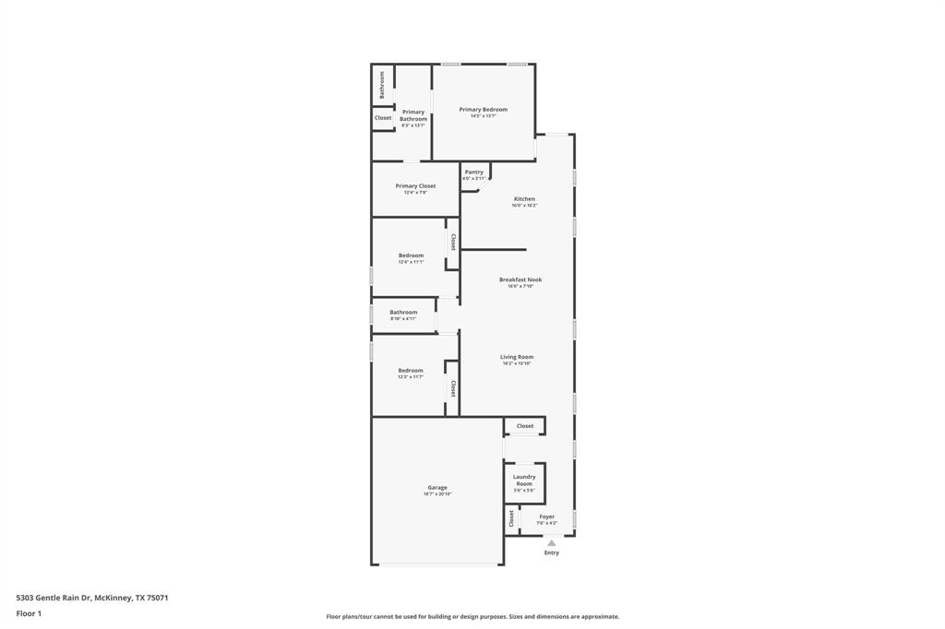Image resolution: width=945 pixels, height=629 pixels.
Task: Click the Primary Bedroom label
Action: (x=483, y=110)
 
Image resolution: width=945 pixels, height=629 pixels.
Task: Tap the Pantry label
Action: (x=473, y=172)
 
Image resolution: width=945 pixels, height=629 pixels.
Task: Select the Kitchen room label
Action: (x=524, y=199)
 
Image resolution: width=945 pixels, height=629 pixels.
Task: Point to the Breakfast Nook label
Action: (x=520, y=279)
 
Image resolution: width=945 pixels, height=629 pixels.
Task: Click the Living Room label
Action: (x=517, y=357)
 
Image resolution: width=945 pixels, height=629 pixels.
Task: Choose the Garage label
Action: (x=437, y=488)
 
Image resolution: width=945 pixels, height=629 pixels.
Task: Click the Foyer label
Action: (x=547, y=517)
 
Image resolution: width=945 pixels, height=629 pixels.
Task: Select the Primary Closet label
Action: (x=415, y=186)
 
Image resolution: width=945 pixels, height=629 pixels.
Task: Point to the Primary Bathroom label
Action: (x=413, y=115)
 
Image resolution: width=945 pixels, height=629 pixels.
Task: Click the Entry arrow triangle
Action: (x=552, y=543)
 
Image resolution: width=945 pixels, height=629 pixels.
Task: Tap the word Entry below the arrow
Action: (x=552, y=553)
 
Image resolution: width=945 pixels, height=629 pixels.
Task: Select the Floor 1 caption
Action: (x=29, y=613)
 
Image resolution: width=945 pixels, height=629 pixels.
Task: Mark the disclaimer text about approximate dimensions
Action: (x=472, y=617)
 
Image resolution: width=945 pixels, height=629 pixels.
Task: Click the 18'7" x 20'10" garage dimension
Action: (x=437, y=494)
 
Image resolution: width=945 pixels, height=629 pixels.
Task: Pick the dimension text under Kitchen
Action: (x=524, y=206)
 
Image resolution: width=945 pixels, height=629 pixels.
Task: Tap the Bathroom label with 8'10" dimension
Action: (x=403, y=313)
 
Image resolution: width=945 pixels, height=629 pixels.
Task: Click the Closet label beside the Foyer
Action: (x=511, y=518)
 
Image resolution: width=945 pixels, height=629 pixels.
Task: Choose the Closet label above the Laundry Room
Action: (x=524, y=426)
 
